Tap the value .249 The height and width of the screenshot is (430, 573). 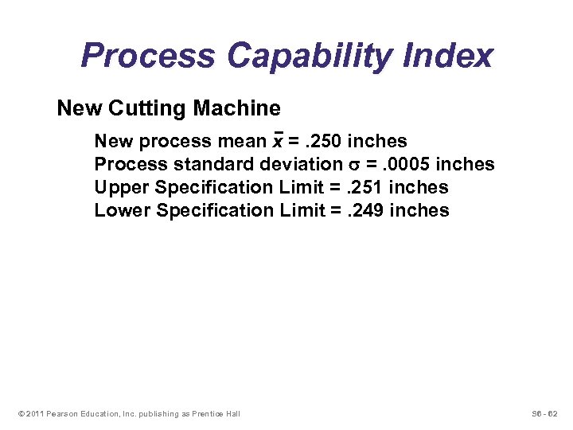tap(367, 211)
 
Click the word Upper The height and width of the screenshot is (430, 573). tap(123, 188)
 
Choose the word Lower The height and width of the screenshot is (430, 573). tap(123, 211)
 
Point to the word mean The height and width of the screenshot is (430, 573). tap(244, 142)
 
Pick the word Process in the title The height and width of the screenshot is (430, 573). tap(148, 57)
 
